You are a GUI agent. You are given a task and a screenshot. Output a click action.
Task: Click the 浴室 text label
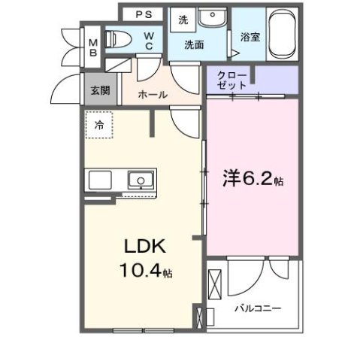click(250, 35)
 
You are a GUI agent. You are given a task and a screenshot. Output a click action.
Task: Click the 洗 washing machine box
click(183, 21)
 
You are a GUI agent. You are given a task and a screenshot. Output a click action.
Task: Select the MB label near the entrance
click(93, 47)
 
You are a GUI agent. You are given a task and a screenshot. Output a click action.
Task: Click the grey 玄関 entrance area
click(99, 90)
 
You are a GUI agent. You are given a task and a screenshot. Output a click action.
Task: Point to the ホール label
click(153, 96)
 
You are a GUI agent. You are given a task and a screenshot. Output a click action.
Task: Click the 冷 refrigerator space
click(99, 126)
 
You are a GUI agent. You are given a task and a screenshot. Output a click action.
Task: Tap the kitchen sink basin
click(140, 180)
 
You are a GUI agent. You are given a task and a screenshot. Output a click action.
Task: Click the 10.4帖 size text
click(147, 271)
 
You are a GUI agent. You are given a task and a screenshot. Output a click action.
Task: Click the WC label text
click(150, 40)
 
